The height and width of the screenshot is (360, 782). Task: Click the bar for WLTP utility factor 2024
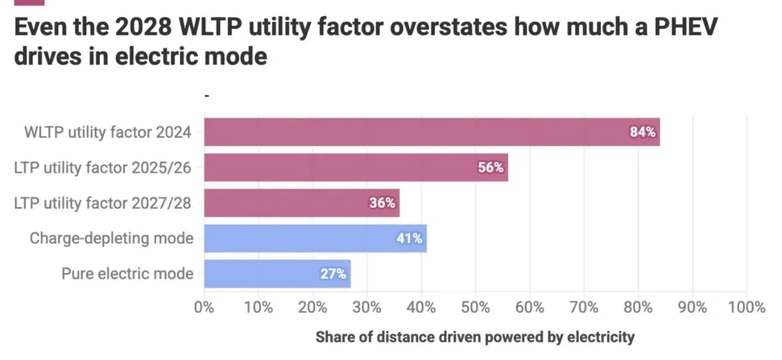pyautogui.click(x=428, y=132)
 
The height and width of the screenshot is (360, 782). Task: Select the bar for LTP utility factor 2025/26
pyautogui.click(x=354, y=167)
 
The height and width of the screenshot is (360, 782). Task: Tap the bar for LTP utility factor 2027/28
pyautogui.click(x=299, y=203)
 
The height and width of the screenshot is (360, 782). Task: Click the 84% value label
pyautogui.click(x=642, y=132)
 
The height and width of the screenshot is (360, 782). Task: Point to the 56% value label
pyautogui.click(x=491, y=167)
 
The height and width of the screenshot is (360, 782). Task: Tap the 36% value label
pyautogui.click(x=382, y=203)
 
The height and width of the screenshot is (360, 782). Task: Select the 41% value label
pyautogui.click(x=409, y=238)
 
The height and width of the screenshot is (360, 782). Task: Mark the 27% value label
pyautogui.click(x=334, y=274)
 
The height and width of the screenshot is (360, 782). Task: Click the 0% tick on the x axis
pyautogui.click(x=204, y=307)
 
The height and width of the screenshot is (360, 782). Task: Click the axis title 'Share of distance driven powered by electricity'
pyautogui.click(x=475, y=337)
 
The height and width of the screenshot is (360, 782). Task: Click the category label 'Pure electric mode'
pyautogui.click(x=127, y=274)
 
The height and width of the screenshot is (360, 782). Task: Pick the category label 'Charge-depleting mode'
pyautogui.click(x=111, y=238)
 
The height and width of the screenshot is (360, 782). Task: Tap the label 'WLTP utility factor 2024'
pyautogui.click(x=108, y=132)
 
